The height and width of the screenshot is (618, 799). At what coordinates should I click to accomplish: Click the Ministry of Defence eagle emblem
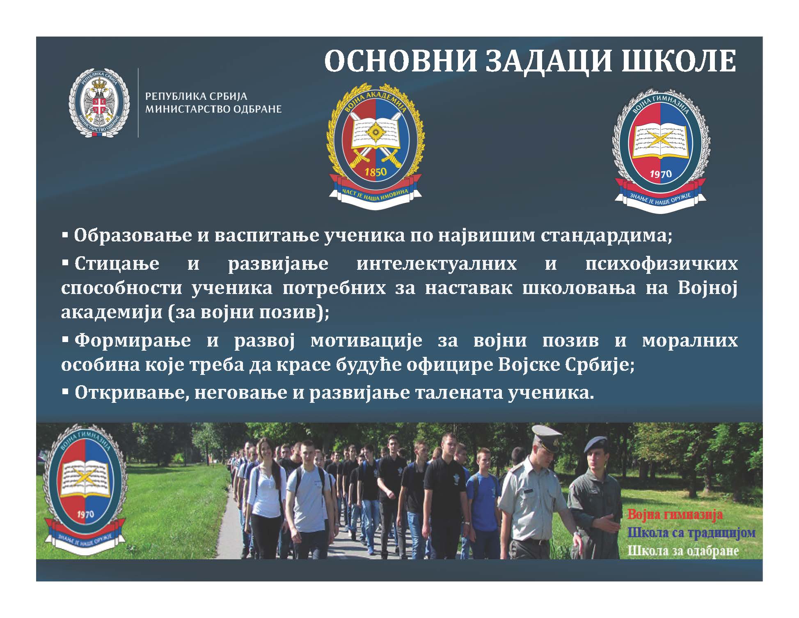click(99, 103)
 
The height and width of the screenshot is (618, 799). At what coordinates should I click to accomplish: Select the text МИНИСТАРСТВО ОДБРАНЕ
click(213, 110)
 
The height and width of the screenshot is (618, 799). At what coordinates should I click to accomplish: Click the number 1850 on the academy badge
click(375, 171)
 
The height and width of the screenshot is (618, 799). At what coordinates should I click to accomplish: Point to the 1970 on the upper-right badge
click(661, 174)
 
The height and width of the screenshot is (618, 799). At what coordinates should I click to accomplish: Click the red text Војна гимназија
click(675, 515)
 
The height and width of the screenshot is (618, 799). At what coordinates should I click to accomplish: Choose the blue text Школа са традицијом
click(691, 533)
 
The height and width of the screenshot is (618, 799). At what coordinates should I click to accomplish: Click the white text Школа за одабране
click(683, 551)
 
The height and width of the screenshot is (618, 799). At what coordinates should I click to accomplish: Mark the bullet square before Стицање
click(65, 262)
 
